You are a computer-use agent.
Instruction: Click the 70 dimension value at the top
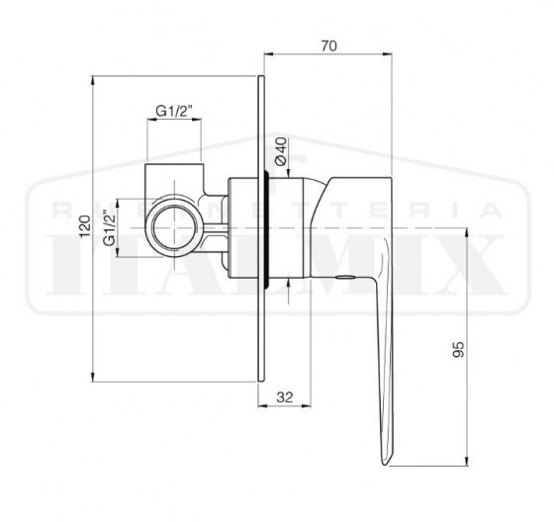[329, 44]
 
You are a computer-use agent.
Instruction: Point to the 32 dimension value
[284, 397]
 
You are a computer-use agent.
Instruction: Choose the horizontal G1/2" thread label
[174, 112]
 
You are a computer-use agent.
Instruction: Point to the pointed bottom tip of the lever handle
[385, 460]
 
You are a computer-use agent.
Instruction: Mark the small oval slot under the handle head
[342, 279]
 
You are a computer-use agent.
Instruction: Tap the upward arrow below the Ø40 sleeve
[288, 286]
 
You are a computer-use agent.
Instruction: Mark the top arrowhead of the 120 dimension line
[91, 80]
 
